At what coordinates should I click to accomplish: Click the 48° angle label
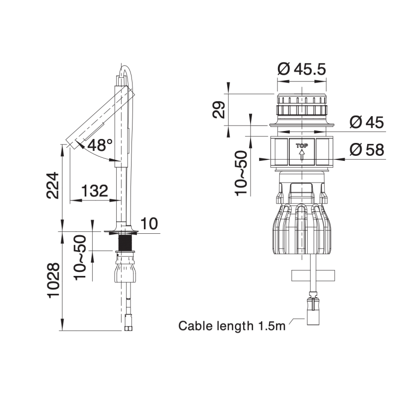point(100,145)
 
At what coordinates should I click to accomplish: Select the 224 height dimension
point(53,186)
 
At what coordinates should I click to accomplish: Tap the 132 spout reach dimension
point(94,191)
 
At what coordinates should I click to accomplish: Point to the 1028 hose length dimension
point(54,280)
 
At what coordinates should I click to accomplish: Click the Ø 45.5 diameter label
point(302,69)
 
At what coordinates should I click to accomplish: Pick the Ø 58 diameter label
point(367,149)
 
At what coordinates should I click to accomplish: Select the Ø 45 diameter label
point(367,122)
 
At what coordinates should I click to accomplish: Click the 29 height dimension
point(218,110)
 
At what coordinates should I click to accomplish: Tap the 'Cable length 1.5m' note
point(232,326)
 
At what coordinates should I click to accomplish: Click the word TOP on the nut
point(302,146)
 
